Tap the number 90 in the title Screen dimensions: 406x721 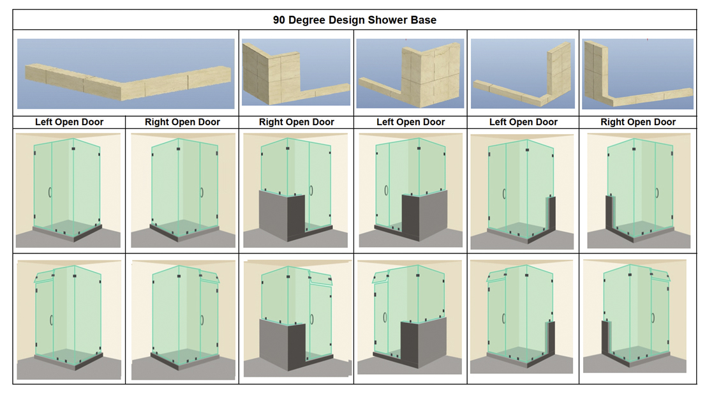[x=279, y=20]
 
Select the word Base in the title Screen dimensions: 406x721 [x=424, y=20]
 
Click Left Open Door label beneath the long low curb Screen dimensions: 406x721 [x=69, y=122]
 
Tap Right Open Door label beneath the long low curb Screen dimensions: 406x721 [x=182, y=122]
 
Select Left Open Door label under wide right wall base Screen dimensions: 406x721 [x=410, y=122]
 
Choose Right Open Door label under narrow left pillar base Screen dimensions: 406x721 [x=638, y=122]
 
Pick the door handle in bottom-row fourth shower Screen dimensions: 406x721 [x=385, y=317]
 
